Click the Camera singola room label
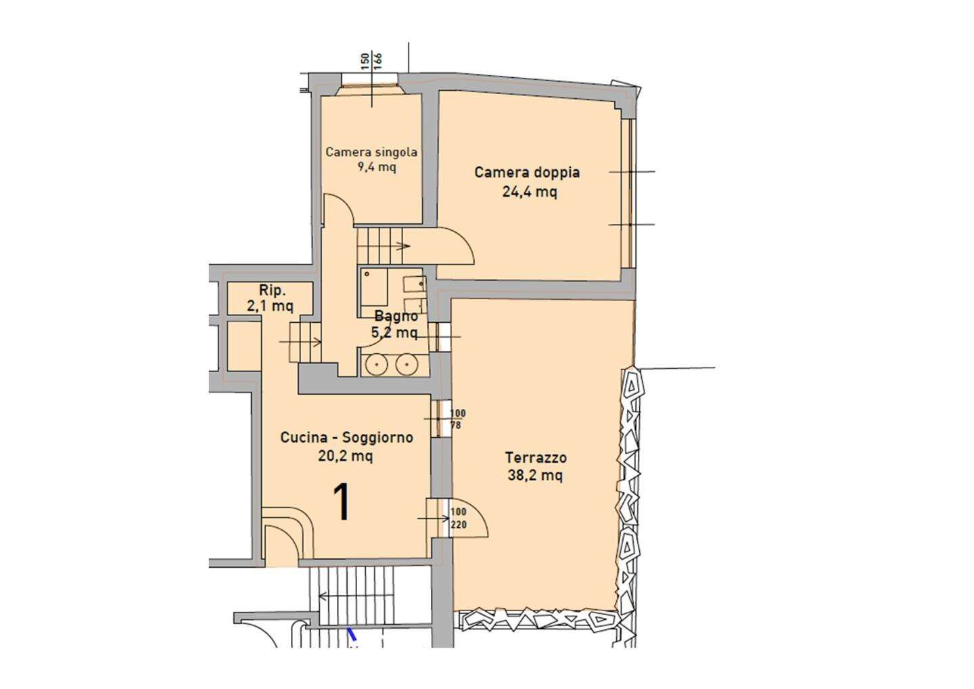371,152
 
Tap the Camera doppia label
527,173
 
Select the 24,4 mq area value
530,192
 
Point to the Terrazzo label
536,458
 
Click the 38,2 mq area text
535,476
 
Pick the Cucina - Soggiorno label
346,438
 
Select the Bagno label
396,316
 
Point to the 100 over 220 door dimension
459,518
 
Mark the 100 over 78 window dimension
457,419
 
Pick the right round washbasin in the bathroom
404,365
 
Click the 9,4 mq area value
377,167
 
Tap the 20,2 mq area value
345,456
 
